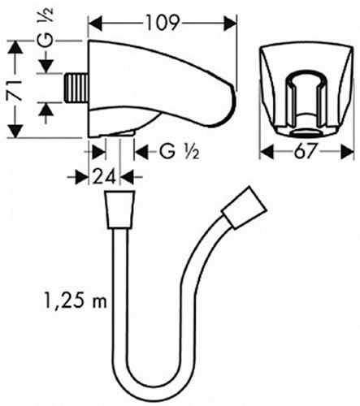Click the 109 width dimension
tap(163, 23)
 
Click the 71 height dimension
tap(15, 90)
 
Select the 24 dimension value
tap(104, 177)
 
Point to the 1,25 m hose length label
tap(76, 301)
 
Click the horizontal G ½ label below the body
tap(180, 152)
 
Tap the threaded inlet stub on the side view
tap(76, 88)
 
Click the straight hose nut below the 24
tap(119, 209)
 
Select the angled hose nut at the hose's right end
tap(244, 207)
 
